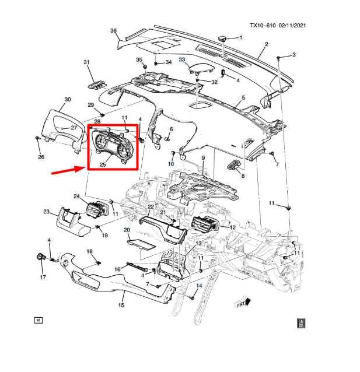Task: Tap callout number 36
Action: [x=113, y=31]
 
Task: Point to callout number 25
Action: [x=102, y=165]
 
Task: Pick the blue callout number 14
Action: [x=198, y=286]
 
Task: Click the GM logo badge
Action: [x=301, y=322]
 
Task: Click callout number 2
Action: [x=266, y=44]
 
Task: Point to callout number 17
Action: [x=43, y=277]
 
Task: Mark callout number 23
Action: [x=46, y=212]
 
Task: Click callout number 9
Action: [x=203, y=158]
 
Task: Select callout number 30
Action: [x=68, y=100]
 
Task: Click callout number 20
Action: [x=127, y=230]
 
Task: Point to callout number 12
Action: [x=232, y=227]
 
